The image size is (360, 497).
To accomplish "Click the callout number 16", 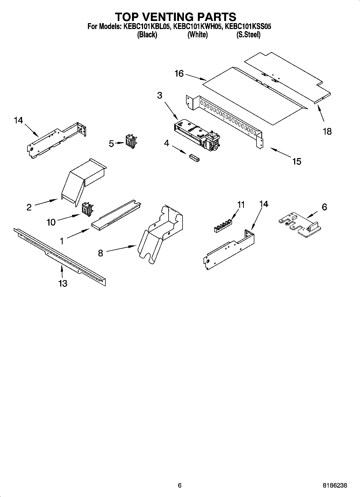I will click(x=179, y=73).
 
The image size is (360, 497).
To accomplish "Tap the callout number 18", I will click(x=327, y=131).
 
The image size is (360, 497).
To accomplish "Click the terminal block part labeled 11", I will click(x=223, y=225).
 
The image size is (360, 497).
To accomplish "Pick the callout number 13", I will click(x=63, y=283).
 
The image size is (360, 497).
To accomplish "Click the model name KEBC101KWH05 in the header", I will click(x=198, y=27).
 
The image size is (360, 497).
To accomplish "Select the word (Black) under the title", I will click(x=147, y=35).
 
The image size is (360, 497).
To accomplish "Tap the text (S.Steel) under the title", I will click(x=248, y=35).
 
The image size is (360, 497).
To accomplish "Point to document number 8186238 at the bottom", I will click(x=335, y=485).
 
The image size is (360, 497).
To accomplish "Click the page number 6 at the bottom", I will click(x=180, y=485).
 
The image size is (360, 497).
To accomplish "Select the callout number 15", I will click(x=297, y=161).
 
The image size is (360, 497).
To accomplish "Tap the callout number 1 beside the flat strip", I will click(x=62, y=241).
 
